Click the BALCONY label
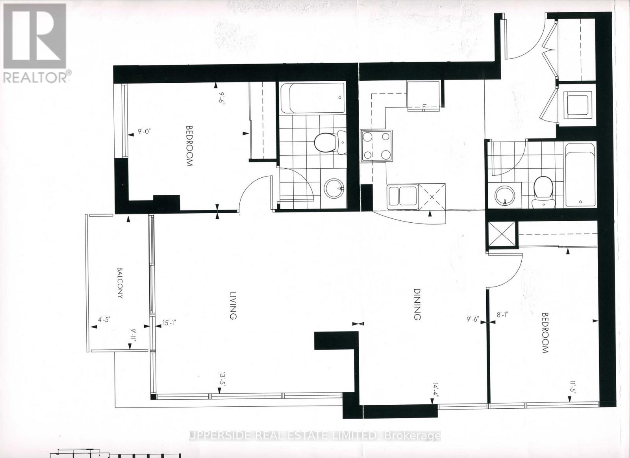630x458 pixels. [119, 283]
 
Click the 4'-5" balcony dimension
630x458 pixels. [104, 319]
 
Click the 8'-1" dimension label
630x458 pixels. [502, 315]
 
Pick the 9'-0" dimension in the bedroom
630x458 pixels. [145, 132]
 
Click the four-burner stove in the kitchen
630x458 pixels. [377, 145]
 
